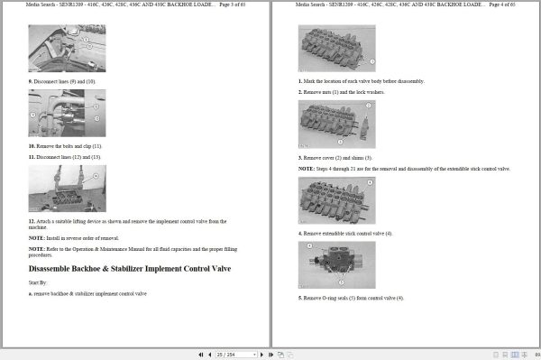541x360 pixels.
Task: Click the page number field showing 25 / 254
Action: pos(226,353)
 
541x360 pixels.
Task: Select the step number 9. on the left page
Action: pos(32,81)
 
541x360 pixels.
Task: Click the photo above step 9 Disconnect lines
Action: pos(67,49)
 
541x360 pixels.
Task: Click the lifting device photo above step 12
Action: pos(67,188)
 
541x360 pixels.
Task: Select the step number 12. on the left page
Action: pos(32,220)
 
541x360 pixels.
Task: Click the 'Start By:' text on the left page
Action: pos(40,282)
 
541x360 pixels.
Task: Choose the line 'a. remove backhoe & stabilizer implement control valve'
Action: pos(87,294)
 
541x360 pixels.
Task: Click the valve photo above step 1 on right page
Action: pos(336,49)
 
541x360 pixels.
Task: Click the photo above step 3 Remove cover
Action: pos(336,125)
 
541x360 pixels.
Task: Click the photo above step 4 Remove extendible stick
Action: pos(336,201)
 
